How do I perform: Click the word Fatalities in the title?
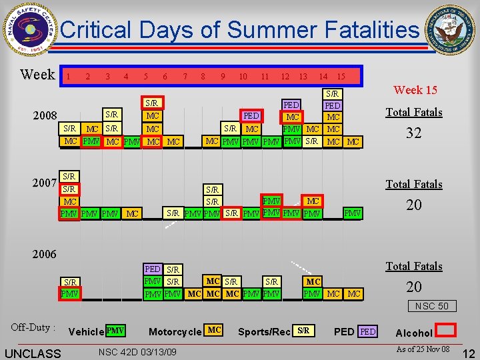pos(369,30)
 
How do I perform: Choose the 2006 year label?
pos(45,254)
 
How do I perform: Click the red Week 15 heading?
pos(415,90)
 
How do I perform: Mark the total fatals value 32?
pos(414,133)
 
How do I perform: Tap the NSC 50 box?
pos(433,306)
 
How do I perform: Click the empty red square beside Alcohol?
pos(446,331)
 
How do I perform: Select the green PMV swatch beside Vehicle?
pos(115,331)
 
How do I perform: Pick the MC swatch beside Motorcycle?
pos(214,331)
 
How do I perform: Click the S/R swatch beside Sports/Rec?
pos(304,331)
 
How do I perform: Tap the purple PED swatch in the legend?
pos(368,331)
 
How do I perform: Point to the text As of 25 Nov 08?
pos(423,349)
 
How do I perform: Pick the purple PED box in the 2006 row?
pos(153,270)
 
